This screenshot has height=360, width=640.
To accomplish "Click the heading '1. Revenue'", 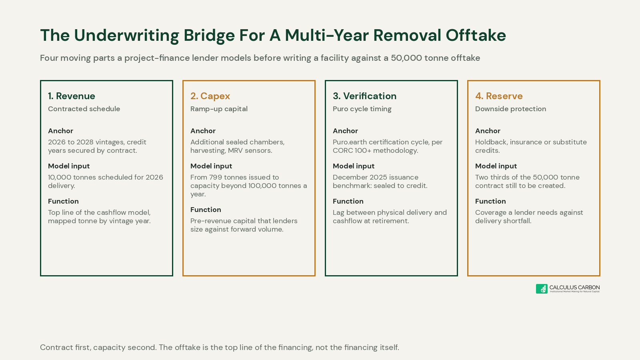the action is (x=72, y=96).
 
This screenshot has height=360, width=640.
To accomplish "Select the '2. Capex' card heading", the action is (x=210, y=96).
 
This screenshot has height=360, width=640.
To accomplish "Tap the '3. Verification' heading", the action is (x=364, y=96).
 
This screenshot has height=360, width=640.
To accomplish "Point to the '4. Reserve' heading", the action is (x=499, y=96).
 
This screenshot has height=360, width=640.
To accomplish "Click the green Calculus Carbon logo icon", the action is (x=542, y=288).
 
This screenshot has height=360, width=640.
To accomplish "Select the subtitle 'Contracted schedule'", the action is (x=84, y=109).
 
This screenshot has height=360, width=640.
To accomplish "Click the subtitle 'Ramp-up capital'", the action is (x=219, y=109).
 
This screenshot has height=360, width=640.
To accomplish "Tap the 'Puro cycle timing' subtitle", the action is (x=362, y=109).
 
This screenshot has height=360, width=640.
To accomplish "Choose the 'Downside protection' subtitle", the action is (x=510, y=109).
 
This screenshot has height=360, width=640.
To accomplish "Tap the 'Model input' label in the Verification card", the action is (x=354, y=166).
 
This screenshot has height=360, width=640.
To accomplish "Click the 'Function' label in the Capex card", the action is (x=206, y=210).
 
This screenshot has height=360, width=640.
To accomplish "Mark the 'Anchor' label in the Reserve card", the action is (x=488, y=131).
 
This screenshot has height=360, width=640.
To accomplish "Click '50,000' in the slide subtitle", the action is (x=406, y=58).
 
